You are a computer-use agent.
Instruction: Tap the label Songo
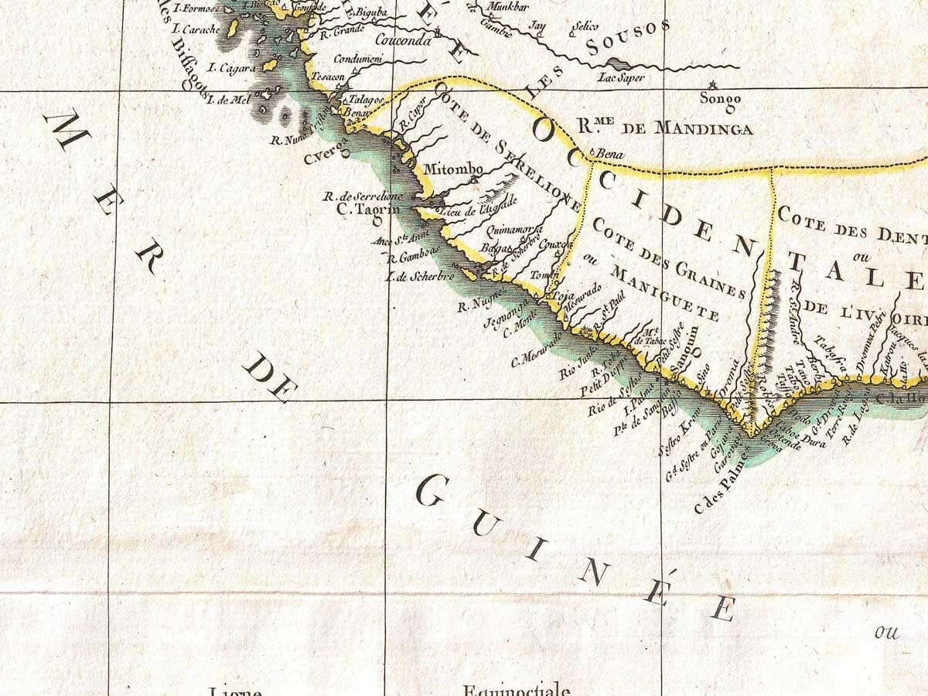pos(720,98)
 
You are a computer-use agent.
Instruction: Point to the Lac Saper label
pos(621,77)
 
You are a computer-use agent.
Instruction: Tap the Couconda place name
pos(403,41)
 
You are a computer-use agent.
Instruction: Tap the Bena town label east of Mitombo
pos(610,152)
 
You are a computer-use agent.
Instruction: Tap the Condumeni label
pos(358,59)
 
